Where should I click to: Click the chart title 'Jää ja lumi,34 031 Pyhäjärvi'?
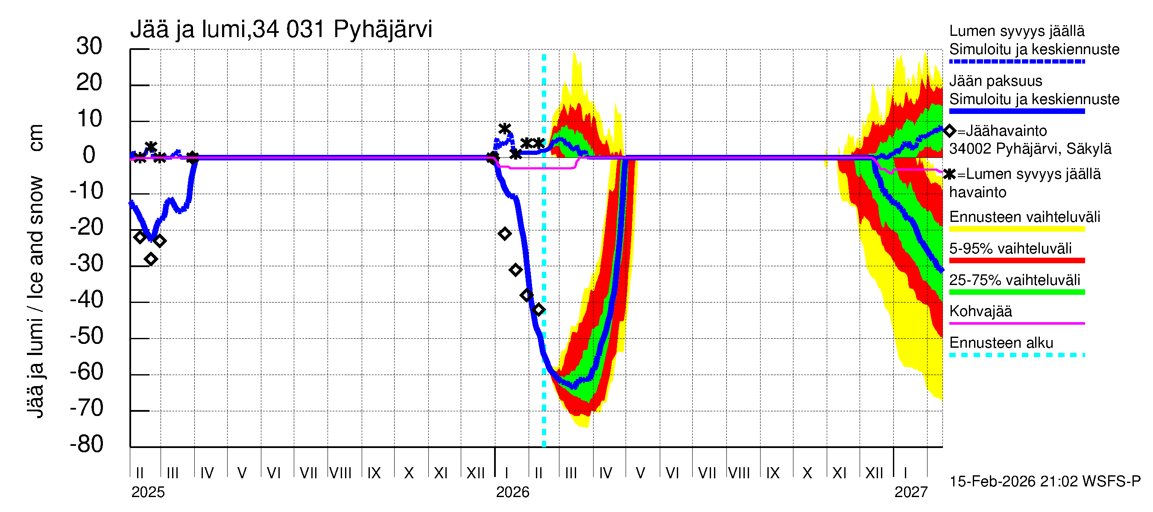click(x=281, y=29)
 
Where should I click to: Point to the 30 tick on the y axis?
click(x=89, y=47)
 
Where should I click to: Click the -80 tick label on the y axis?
click(x=87, y=445)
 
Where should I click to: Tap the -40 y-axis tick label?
click(x=87, y=300)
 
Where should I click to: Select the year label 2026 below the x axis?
click(x=512, y=492)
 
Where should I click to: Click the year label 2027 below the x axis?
click(x=911, y=492)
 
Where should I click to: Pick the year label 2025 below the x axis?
click(x=148, y=492)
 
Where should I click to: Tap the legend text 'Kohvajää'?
click(x=980, y=311)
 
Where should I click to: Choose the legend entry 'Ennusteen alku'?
click(x=1001, y=343)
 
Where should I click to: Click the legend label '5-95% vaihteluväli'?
click(x=1010, y=249)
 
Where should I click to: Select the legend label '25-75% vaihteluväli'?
click(x=1014, y=280)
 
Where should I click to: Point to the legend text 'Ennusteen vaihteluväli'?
click(x=1024, y=217)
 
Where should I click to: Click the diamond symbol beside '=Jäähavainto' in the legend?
click(x=950, y=131)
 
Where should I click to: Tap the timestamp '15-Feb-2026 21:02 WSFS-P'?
click(x=1045, y=482)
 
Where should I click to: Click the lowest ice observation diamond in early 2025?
click(x=151, y=259)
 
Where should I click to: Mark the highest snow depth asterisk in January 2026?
click(x=504, y=129)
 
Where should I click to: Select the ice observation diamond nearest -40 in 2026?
click(x=527, y=295)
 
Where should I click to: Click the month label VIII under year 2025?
click(x=340, y=473)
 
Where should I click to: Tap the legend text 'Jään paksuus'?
click(x=995, y=81)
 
